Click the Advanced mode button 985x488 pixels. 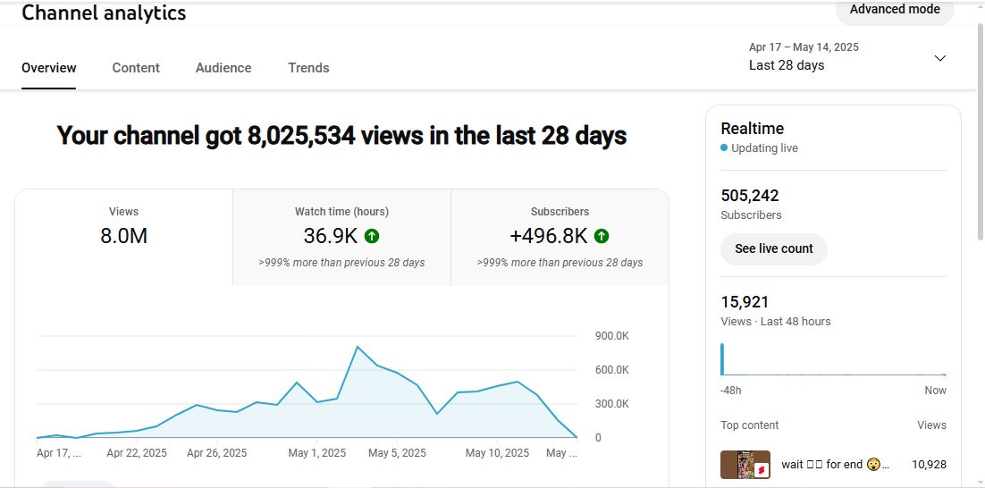tap(895, 10)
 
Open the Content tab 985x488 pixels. tap(136, 68)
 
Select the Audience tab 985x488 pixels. tap(223, 68)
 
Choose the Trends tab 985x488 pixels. tap(308, 68)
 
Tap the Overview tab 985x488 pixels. tap(49, 68)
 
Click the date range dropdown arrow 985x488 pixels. tap(939, 58)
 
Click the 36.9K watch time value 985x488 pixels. tap(332, 236)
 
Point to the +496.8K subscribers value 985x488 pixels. tap(548, 236)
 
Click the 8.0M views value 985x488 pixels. tap(123, 236)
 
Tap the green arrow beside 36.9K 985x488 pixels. tap(372, 236)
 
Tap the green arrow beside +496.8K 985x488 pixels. tap(602, 236)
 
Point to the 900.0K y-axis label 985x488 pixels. tap(611, 336)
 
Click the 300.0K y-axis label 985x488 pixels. tap(611, 404)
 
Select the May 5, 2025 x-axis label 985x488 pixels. tap(397, 453)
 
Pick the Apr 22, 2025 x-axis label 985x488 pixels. tap(137, 453)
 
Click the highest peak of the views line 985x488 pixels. tap(358, 347)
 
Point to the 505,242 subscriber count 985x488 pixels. tap(750, 196)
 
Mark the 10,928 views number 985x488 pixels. tap(929, 465)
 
